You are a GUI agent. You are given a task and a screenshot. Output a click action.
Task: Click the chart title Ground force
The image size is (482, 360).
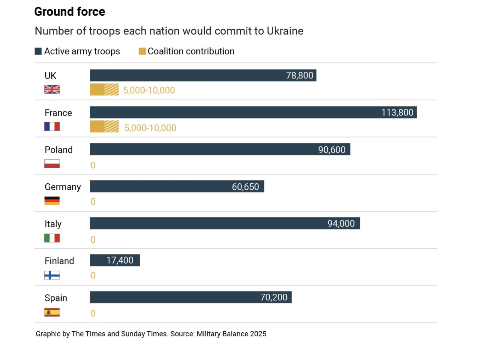pyautogui.click(x=69, y=12)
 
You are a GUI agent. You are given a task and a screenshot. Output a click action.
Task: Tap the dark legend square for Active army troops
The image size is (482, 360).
pyautogui.click(x=38, y=51)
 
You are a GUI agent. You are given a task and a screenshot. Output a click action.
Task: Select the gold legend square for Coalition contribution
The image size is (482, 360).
pyautogui.click(x=142, y=51)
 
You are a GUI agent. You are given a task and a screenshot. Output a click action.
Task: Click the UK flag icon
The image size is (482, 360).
pyautogui.click(x=52, y=89)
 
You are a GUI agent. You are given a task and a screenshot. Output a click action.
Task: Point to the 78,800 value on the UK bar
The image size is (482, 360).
pyautogui.click(x=299, y=76)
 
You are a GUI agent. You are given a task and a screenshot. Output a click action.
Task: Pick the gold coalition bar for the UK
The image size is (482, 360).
pyautogui.click(x=104, y=90)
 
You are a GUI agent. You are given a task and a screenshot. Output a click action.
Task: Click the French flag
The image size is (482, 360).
pyautogui.click(x=52, y=127)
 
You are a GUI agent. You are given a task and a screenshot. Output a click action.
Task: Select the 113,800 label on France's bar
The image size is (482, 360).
pyautogui.click(x=397, y=112)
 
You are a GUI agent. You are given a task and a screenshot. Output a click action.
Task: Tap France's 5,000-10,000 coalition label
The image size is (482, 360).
pyautogui.click(x=150, y=128)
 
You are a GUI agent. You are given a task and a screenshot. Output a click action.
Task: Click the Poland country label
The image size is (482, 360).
pyautogui.click(x=58, y=150)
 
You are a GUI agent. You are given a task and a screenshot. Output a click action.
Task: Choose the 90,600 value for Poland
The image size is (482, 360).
pyautogui.click(x=331, y=150)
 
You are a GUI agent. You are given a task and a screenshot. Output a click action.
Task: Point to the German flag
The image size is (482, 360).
pyautogui.click(x=52, y=201)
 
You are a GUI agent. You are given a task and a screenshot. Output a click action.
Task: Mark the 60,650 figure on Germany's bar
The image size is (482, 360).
pyautogui.click(x=245, y=187)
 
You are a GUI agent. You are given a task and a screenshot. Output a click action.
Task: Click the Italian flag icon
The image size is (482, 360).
pyautogui.click(x=52, y=238)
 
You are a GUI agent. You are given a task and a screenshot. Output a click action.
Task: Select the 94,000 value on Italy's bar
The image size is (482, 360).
pyautogui.click(x=341, y=223)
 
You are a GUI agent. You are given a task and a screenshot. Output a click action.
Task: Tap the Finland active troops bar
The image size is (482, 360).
pyautogui.click(x=115, y=260)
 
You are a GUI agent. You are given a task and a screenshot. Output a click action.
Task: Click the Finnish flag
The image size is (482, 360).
pyautogui.click(x=52, y=275)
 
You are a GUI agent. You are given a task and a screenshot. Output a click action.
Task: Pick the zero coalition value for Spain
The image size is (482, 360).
pyautogui.click(x=93, y=313)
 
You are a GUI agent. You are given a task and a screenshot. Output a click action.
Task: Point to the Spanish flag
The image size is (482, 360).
pyautogui.click(x=52, y=312)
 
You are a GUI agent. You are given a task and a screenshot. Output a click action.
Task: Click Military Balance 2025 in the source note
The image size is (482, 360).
pyautogui.click(x=231, y=334)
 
